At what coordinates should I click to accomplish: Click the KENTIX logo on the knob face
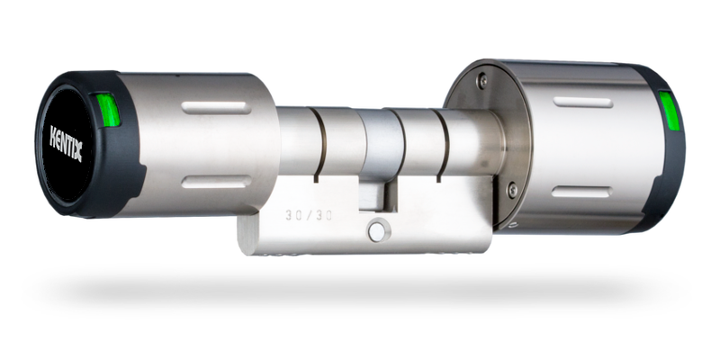tap(66, 143)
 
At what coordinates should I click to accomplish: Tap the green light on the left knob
tap(108, 109)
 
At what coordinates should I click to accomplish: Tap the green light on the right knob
tap(669, 111)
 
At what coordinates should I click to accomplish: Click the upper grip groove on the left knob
tap(216, 108)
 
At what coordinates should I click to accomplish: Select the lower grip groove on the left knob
tap(216, 182)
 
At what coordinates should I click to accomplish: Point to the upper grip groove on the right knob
tap(582, 103)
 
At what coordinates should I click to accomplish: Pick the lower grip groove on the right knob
tap(581, 192)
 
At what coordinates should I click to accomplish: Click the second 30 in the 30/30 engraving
tap(323, 215)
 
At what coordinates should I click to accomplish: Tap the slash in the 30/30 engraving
tap(309, 215)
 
